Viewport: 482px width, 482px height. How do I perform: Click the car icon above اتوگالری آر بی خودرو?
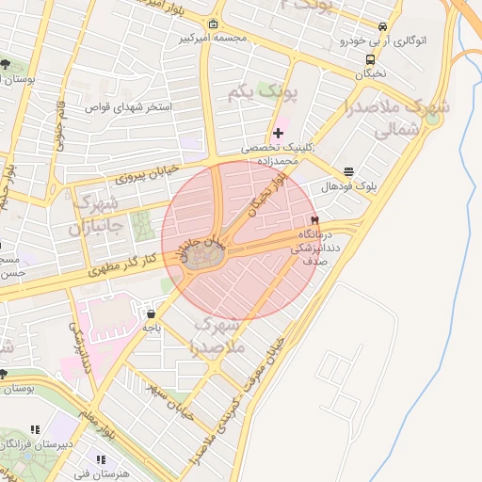[382, 27]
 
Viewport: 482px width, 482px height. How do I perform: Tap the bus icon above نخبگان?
[371, 58]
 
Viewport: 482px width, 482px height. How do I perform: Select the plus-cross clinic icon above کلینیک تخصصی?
[278, 133]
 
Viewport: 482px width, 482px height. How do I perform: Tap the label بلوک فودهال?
[347, 186]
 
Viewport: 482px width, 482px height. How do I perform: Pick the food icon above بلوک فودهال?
[348, 171]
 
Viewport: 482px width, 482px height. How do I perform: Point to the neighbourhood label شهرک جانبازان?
[95, 216]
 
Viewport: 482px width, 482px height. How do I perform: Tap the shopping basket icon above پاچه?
[152, 313]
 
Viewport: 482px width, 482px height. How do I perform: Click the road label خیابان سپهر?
[173, 399]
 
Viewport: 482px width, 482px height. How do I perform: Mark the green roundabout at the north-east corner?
[432, 118]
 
